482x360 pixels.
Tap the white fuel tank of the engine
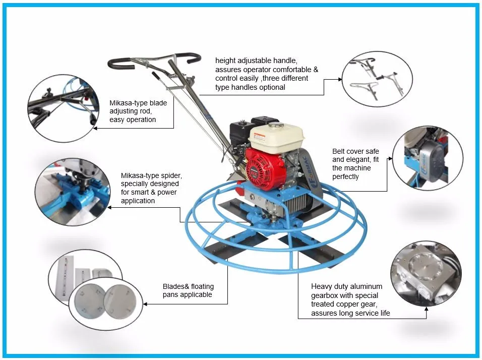click(276, 136)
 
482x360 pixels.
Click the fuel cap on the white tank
click(275, 125)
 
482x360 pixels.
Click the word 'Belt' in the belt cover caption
click(338, 151)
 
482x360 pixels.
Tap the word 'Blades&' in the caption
click(174, 286)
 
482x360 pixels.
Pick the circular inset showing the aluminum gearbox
click(426, 274)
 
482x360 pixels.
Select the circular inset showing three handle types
click(377, 79)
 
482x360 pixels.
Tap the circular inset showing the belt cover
click(428, 158)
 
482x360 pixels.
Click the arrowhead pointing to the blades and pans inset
click(145, 304)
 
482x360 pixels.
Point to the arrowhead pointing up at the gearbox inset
click(426, 309)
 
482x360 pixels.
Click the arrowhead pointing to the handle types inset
click(340, 79)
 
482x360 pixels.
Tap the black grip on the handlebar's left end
click(121, 63)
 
